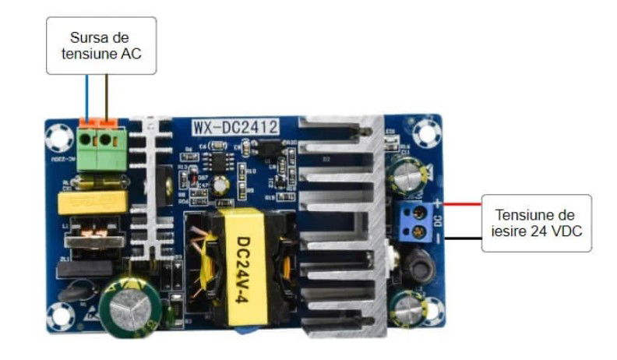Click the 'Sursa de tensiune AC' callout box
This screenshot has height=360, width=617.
[101, 45]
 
